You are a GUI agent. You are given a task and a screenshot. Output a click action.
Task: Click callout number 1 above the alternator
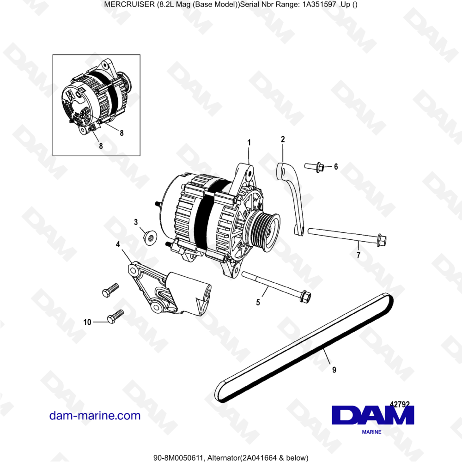249,143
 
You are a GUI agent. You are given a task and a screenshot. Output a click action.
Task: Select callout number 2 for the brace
283,139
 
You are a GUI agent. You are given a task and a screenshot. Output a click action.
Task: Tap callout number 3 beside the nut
136,222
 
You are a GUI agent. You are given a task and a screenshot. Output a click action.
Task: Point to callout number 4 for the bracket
118,244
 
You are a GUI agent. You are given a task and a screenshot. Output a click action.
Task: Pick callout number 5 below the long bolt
258,303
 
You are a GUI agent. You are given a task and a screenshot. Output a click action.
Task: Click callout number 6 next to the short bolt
336,166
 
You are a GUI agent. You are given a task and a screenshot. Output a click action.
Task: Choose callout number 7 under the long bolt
358,255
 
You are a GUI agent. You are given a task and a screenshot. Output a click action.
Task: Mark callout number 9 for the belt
334,370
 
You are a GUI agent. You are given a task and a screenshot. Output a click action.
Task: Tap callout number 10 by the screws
87,322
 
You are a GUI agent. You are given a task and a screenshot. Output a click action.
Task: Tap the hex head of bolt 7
381,240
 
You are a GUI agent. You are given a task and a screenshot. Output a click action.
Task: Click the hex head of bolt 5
304,296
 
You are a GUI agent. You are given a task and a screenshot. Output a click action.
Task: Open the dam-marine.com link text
95,415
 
